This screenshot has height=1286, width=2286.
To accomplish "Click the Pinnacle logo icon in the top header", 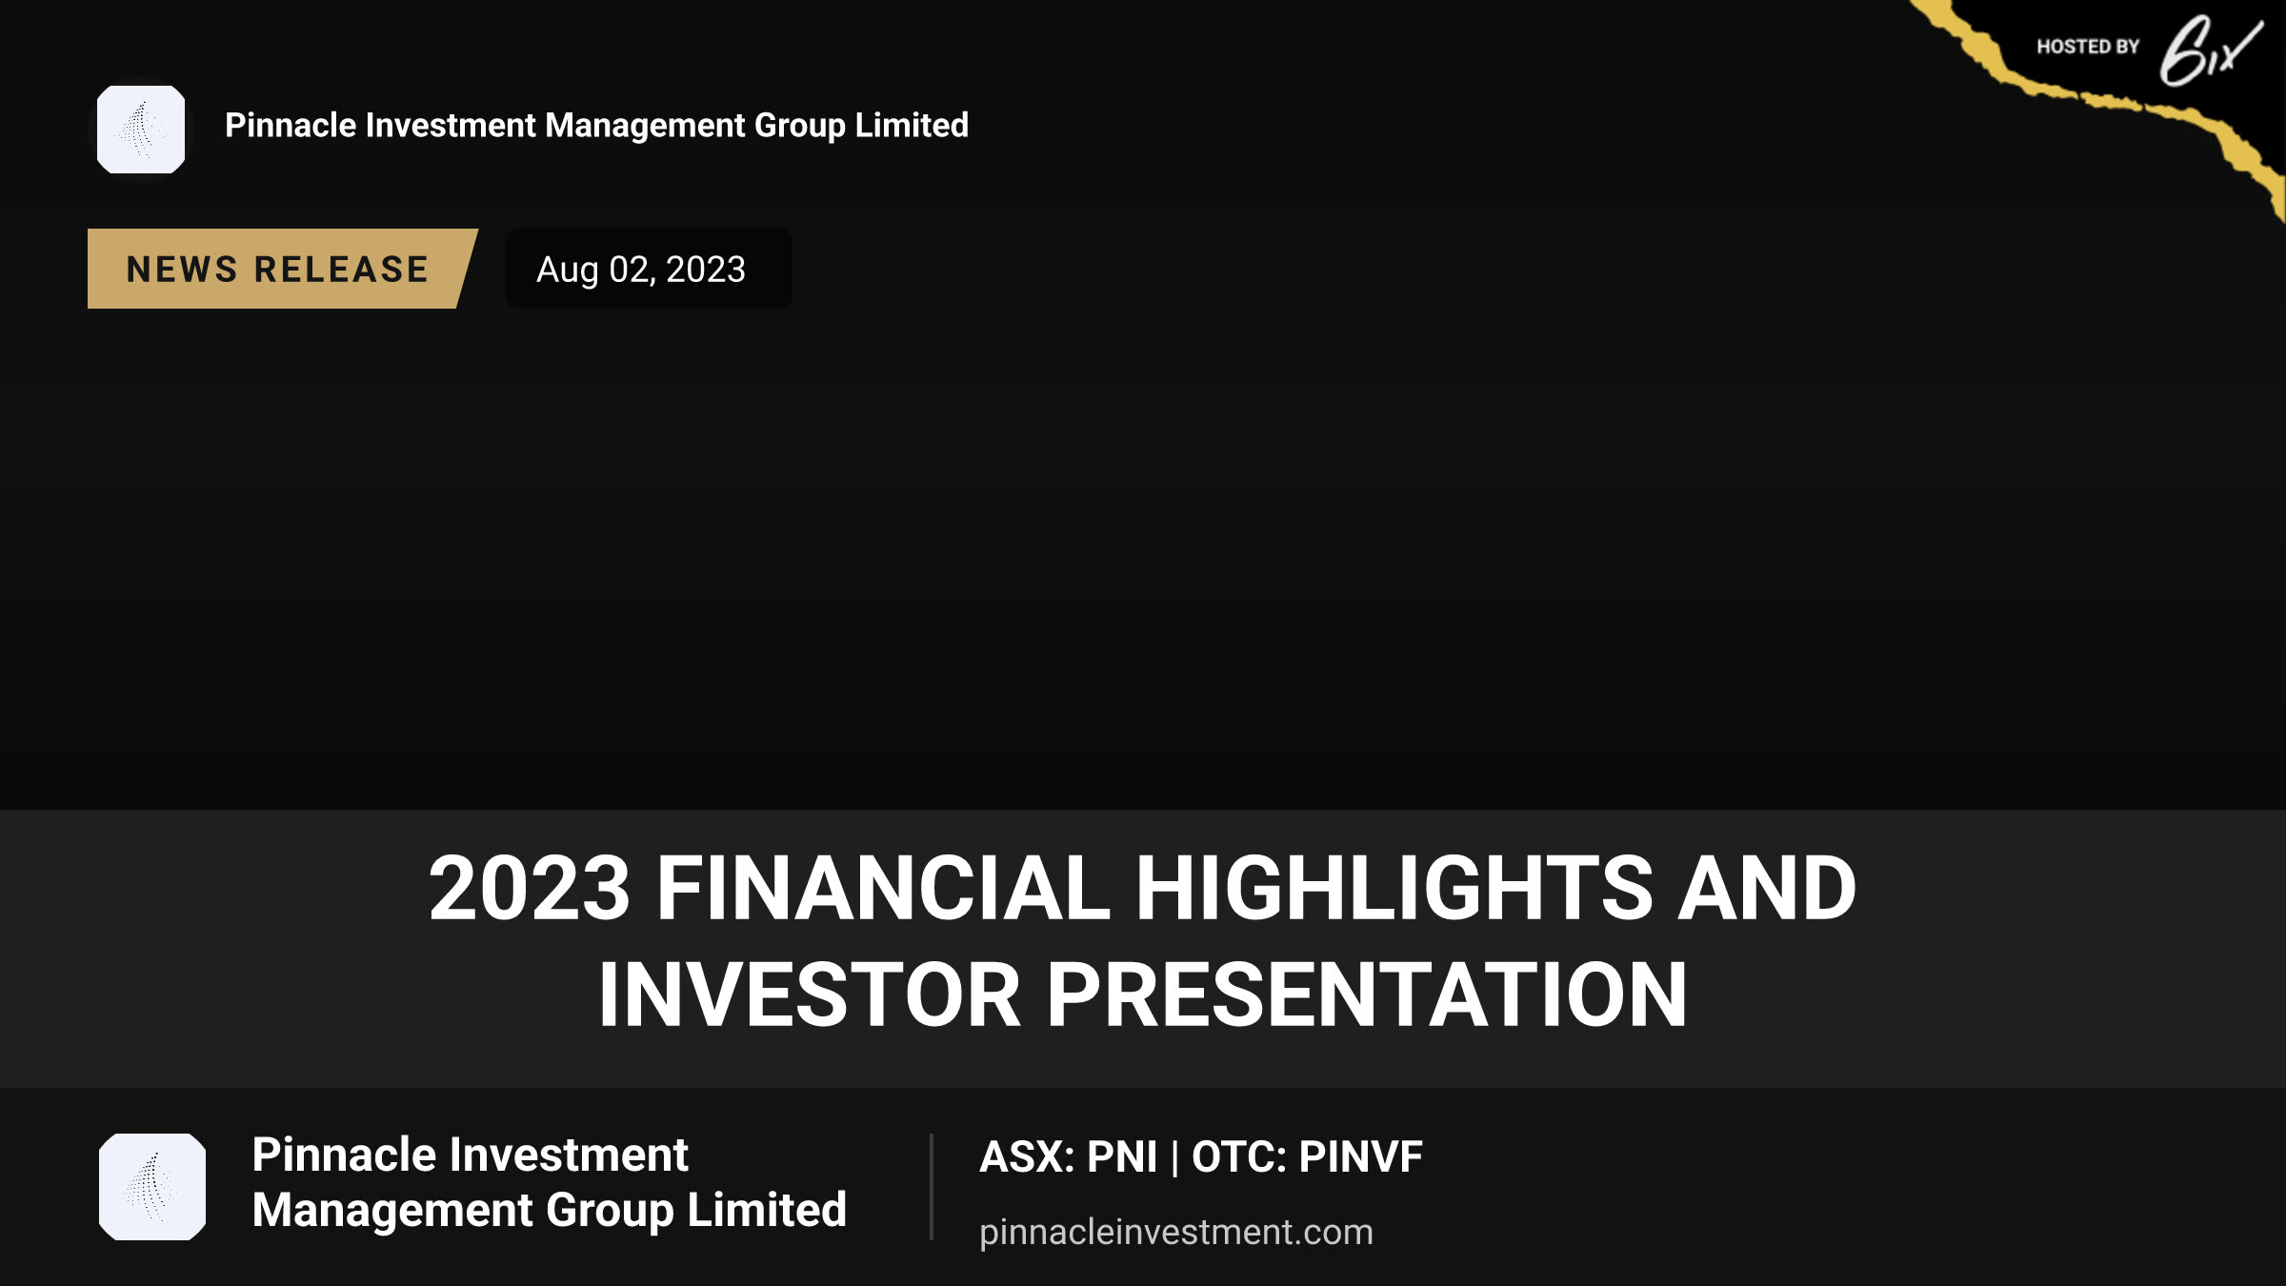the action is pos(141,130).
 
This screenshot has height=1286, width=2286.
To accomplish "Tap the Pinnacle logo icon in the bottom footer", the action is pos(152,1187).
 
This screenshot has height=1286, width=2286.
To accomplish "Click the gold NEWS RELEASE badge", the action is pos(282,269).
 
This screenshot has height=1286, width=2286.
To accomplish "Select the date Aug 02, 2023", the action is pos(641,270).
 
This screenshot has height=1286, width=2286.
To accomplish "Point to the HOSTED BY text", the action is pos(2088,47).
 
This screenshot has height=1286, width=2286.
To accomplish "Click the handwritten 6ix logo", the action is pos(2210,51).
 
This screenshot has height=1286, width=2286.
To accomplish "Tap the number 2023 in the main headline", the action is pos(530,888).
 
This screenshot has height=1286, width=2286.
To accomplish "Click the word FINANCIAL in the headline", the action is pos(883,888).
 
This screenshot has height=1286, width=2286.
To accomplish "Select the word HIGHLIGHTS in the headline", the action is pos(1394,888).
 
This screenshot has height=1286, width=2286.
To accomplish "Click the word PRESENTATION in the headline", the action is pos(1367,995).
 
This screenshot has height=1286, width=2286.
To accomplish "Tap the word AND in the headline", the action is pos(1767,888).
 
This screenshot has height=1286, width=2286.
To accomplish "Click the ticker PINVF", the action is pos(1360,1157).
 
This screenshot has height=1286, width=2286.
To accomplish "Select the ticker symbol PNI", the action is pos(1122,1157).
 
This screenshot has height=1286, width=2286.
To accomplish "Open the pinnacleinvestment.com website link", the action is pos(1176,1233).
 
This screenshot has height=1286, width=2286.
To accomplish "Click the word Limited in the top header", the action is pos(912,125).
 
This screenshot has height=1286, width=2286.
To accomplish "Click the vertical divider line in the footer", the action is pos(932,1187).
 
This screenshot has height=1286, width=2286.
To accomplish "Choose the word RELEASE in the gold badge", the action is pos(342,270).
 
